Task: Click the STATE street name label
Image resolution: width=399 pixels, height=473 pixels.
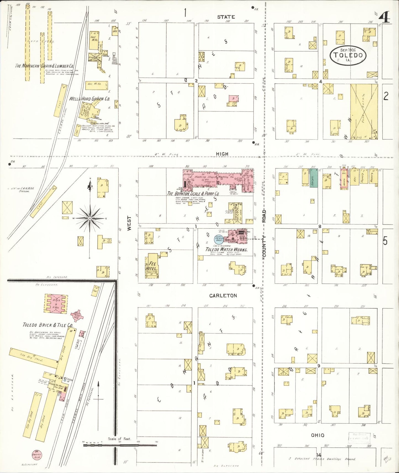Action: pyautogui.click(x=226, y=17)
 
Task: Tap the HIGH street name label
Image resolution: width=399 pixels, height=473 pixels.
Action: pyautogui.click(x=222, y=154)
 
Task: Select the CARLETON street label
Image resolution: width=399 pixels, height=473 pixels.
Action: pyautogui.click(x=223, y=296)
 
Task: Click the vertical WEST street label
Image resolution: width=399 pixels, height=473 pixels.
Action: pyautogui.click(x=129, y=223)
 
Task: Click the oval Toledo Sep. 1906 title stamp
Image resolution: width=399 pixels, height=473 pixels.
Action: pyautogui.click(x=348, y=55)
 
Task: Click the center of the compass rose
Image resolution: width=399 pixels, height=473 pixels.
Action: pyautogui.click(x=90, y=218)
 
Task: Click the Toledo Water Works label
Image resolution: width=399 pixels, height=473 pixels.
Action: pyautogui.click(x=226, y=249)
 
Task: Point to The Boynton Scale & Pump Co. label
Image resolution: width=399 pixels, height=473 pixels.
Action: pyautogui.click(x=193, y=194)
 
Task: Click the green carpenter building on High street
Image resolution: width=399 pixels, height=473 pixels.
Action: pyautogui.click(x=313, y=178)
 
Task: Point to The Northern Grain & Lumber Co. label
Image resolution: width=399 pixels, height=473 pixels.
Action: pyautogui.click(x=44, y=66)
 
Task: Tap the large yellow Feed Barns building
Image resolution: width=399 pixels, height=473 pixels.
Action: pyautogui.click(x=364, y=111)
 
